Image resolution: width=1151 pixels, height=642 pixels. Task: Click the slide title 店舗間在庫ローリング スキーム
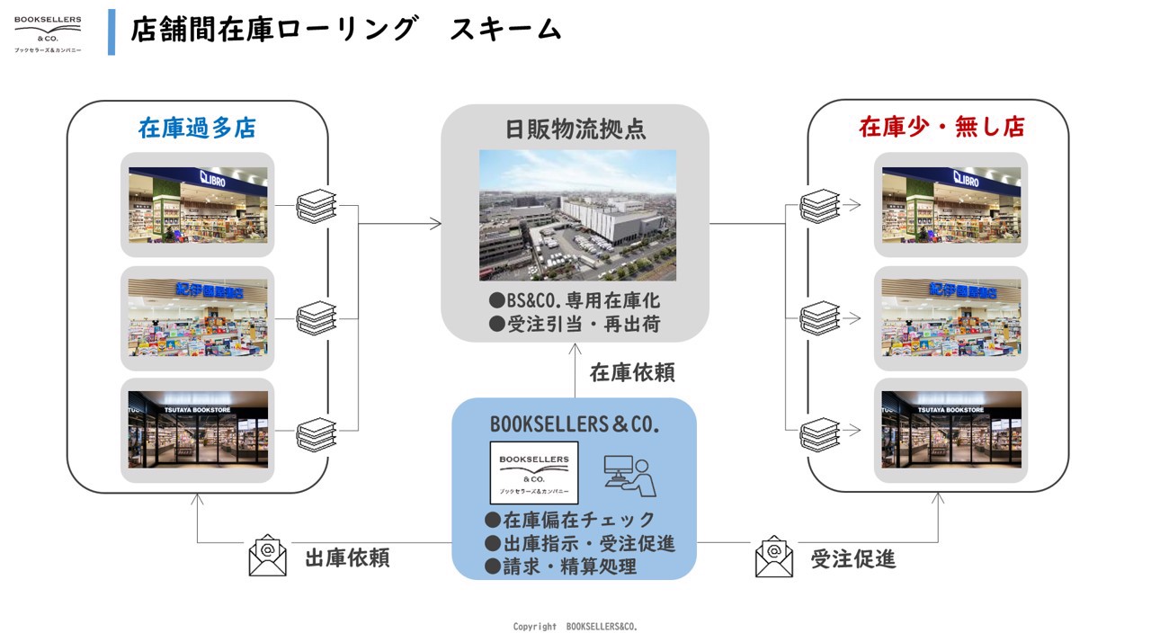point(346,29)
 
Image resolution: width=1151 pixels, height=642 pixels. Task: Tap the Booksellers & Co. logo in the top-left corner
point(48,33)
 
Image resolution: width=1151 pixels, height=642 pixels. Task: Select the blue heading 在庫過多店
point(197,128)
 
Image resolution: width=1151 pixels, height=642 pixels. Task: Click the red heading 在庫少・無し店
point(941,127)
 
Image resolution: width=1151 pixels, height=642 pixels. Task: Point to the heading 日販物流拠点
point(575,129)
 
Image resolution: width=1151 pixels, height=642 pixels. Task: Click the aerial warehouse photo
point(577,215)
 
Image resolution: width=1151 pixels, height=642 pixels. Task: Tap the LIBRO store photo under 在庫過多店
point(198,204)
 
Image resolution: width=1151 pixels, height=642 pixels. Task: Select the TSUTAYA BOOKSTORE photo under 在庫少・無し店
point(951,430)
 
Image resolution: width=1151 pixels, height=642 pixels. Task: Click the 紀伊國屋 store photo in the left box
point(198,317)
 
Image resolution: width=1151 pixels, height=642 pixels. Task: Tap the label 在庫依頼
point(632,372)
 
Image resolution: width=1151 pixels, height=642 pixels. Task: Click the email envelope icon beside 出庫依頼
point(267,556)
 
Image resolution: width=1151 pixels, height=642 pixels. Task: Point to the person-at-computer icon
point(629,476)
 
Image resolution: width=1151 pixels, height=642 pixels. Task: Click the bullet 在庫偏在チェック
point(570,520)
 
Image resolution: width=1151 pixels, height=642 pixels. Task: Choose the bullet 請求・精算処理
point(560,566)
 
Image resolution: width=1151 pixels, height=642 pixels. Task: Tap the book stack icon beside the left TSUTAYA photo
point(317,432)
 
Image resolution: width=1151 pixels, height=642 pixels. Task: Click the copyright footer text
point(575,627)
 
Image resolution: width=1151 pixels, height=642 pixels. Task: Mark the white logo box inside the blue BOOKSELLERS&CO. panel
point(534,472)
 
